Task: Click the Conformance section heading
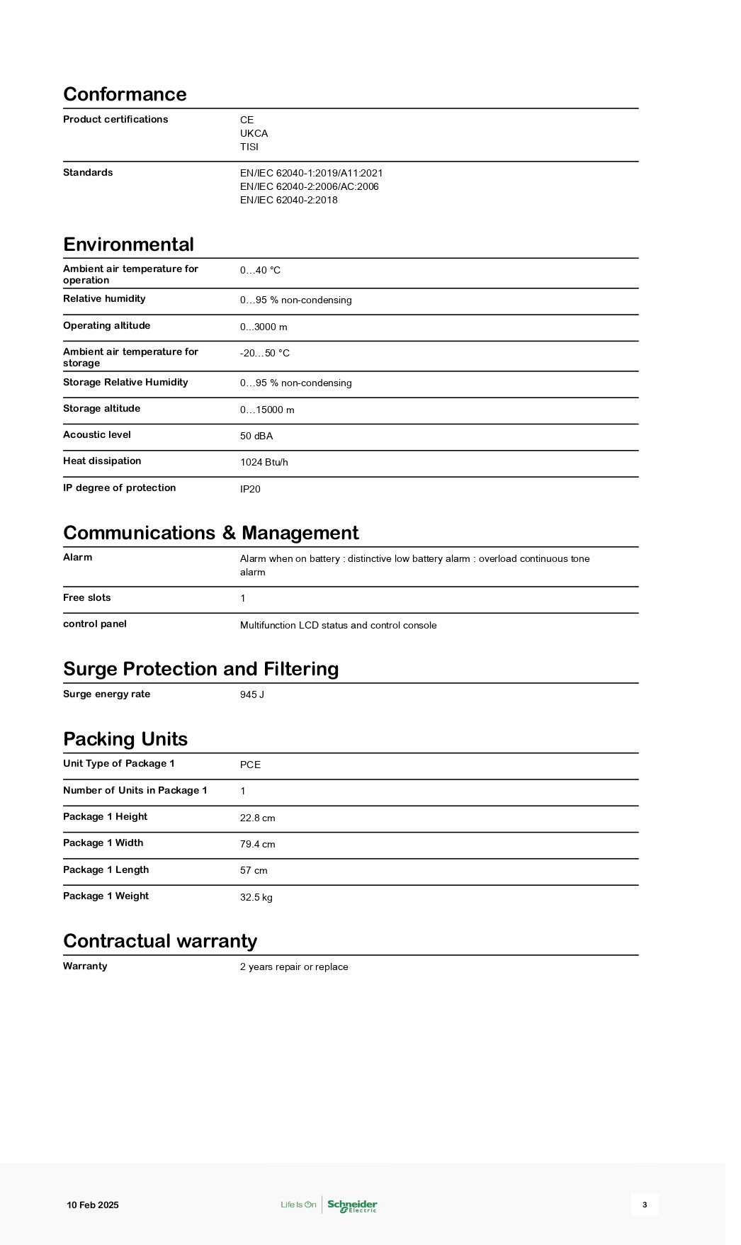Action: pyautogui.click(x=125, y=94)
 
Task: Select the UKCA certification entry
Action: pyautogui.click(x=254, y=133)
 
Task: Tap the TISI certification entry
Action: pyautogui.click(x=249, y=147)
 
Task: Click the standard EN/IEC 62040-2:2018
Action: pyautogui.click(x=288, y=200)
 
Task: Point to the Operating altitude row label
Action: pyautogui.click(x=106, y=326)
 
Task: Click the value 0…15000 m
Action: pyautogui.click(x=266, y=410)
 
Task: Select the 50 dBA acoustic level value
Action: pyautogui.click(x=256, y=436)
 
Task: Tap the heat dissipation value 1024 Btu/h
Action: pyautogui.click(x=264, y=462)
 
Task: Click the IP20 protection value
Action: pyautogui.click(x=250, y=489)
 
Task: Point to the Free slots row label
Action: pyautogui.click(x=86, y=598)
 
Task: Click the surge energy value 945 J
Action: pyautogui.click(x=251, y=694)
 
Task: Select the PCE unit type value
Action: pyautogui.click(x=250, y=765)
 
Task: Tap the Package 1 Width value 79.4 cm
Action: pyautogui.click(x=257, y=844)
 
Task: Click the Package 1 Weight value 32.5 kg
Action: pyautogui.click(x=256, y=897)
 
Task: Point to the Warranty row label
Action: pyautogui.click(x=85, y=967)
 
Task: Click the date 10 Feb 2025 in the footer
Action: pyautogui.click(x=93, y=1205)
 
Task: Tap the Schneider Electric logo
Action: pyautogui.click(x=352, y=1205)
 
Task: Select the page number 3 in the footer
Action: pyautogui.click(x=645, y=1205)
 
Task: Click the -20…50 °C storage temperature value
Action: pyautogui.click(x=264, y=353)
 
